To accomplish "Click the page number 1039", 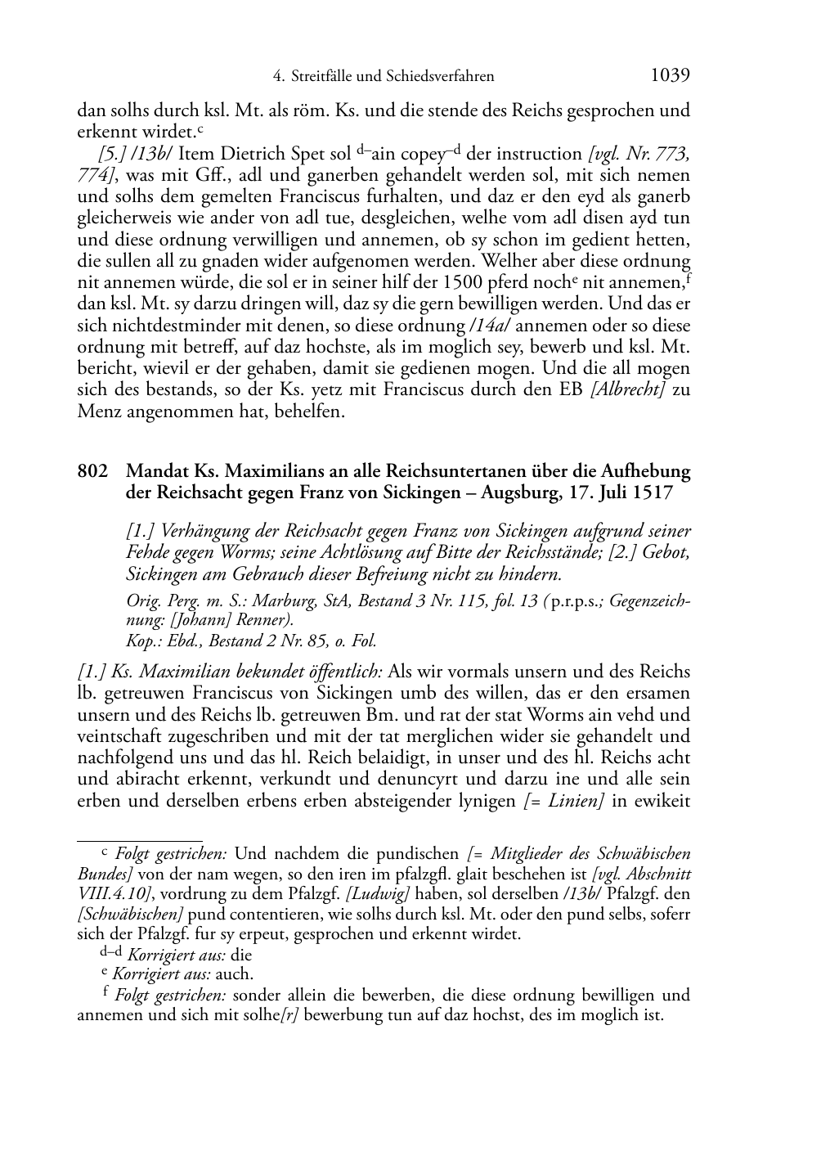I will pos(670,75).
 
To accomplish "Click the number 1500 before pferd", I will pos(461,283).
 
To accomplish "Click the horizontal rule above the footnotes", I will pos(139,839).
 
